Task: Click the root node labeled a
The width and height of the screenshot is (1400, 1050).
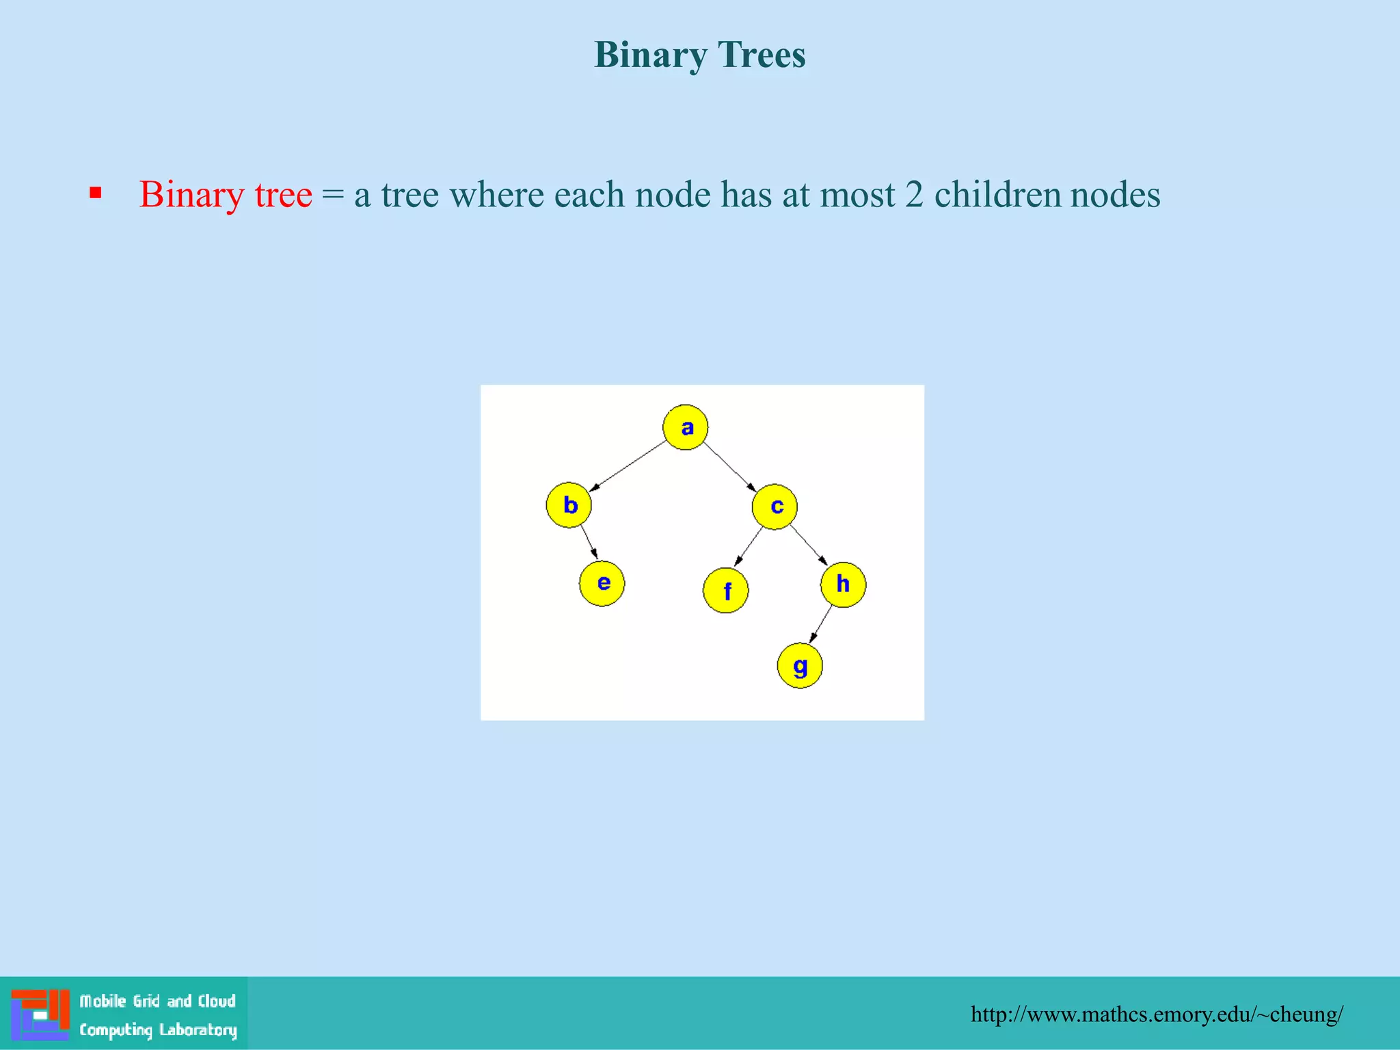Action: (x=685, y=427)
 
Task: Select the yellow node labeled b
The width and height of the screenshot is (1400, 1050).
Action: (x=569, y=505)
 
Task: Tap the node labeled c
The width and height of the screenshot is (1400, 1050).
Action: (x=775, y=507)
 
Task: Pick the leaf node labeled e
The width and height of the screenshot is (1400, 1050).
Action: (x=602, y=583)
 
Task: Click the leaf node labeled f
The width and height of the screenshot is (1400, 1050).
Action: (x=726, y=590)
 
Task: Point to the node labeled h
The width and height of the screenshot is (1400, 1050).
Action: (x=843, y=584)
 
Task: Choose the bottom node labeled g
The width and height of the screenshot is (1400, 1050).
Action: (x=800, y=666)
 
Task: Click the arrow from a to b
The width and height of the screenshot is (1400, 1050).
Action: (x=628, y=466)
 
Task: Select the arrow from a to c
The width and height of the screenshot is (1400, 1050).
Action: (x=730, y=467)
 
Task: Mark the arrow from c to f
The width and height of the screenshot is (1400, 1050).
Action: (x=748, y=547)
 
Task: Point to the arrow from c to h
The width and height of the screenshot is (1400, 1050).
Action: (x=809, y=546)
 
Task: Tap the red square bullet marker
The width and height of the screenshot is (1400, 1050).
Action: (x=96, y=193)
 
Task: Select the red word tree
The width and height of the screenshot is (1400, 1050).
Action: (x=283, y=195)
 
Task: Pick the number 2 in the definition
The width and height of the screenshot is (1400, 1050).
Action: (x=914, y=195)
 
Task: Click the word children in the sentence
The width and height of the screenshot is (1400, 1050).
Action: (x=997, y=195)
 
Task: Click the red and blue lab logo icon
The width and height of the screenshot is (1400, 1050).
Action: (x=40, y=1014)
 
